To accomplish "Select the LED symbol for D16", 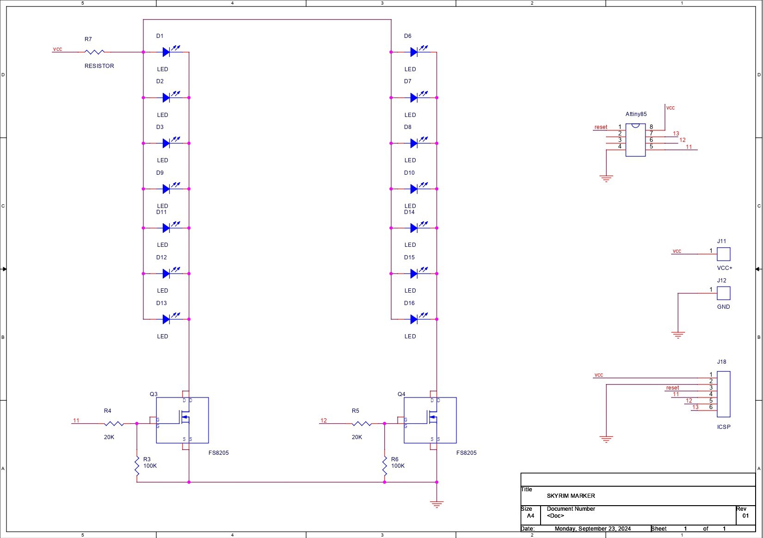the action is (x=418, y=318).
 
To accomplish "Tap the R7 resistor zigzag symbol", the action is (x=94, y=52).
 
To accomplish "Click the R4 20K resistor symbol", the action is (x=114, y=423).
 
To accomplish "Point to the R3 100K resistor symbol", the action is (x=137, y=466).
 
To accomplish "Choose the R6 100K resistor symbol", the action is (x=385, y=466).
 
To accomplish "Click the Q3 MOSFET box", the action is (x=182, y=420).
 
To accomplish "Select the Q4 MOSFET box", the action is (x=430, y=420).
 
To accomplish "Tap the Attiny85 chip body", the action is (x=636, y=140).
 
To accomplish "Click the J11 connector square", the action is (x=724, y=254).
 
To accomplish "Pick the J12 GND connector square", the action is (x=724, y=293).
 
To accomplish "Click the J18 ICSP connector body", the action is (x=724, y=394).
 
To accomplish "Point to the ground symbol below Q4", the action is (x=437, y=504).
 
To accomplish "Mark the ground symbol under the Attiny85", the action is (x=606, y=179).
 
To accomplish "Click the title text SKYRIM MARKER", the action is (x=571, y=496).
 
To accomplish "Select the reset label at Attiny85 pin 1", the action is (x=601, y=127).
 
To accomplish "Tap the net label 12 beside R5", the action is (x=324, y=421).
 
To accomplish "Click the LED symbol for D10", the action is (x=418, y=188).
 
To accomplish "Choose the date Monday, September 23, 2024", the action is (x=593, y=528).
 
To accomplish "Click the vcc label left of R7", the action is (x=57, y=49).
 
